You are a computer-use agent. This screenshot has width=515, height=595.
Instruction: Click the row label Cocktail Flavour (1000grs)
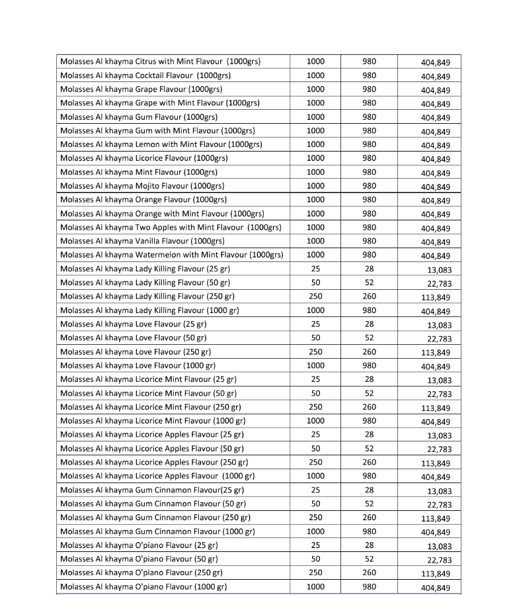tap(145, 75)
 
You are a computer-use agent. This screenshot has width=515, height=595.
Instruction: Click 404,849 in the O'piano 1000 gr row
tap(436, 588)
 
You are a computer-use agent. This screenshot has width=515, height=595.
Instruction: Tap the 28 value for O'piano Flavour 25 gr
tap(370, 545)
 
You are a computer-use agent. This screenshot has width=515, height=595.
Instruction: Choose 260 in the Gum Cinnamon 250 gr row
tap(370, 518)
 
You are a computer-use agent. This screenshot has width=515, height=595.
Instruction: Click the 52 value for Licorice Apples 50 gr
tap(370, 448)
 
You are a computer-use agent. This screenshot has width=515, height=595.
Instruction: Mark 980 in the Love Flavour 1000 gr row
tap(370, 365)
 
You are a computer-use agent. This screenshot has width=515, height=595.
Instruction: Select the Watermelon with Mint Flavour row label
tap(171, 255)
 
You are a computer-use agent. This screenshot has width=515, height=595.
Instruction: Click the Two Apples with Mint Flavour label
tap(171, 228)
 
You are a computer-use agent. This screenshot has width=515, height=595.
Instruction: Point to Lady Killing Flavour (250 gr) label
tap(147, 297)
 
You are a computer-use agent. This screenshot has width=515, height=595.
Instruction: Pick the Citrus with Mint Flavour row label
tap(160, 62)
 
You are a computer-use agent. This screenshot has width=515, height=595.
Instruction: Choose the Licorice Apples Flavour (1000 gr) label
tap(157, 476)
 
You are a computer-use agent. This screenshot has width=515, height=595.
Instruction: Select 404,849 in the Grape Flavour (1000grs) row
tap(436, 90)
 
